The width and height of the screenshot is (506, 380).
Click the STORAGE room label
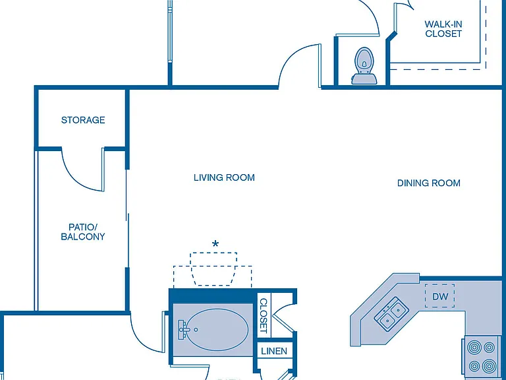point(83,120)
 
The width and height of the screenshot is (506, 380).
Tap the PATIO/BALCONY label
point(83,232)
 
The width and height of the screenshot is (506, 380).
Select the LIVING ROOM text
point(224,177)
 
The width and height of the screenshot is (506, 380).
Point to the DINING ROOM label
point(428,183)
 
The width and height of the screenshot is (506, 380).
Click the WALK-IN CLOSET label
point(443,29)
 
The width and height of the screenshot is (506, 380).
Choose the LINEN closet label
point(274,351)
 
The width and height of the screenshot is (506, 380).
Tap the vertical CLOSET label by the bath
point(264,316)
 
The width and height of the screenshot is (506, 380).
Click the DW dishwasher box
point(439,296)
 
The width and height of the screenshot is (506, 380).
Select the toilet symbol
point(364,66)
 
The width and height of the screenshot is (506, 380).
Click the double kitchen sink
point(391,313)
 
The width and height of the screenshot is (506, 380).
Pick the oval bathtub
point(217,330)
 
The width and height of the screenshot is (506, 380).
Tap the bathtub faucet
point(183,330)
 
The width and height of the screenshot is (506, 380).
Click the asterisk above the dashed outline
point(215,243)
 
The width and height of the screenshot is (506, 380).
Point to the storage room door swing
point(78,179)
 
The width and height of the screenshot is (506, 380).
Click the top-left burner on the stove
point(474,348)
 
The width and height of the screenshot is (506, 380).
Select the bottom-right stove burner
point(489,366)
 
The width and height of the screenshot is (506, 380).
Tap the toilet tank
point(364,79)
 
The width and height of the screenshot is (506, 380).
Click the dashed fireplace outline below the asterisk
point(213,270)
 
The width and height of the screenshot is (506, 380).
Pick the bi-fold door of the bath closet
point(284,317)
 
